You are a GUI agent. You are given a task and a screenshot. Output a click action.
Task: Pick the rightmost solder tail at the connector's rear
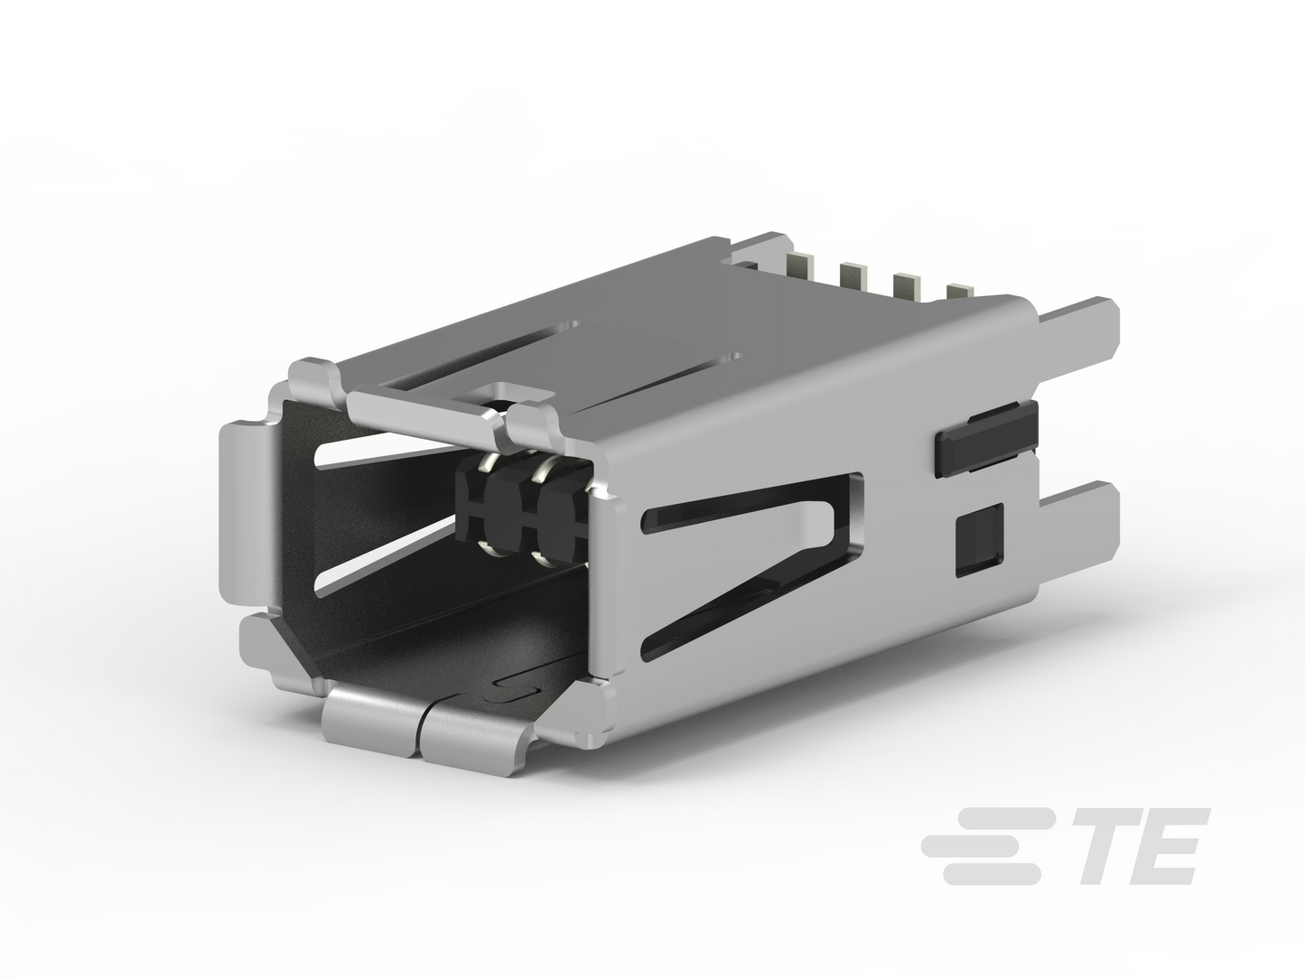[x=961, y=292]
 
